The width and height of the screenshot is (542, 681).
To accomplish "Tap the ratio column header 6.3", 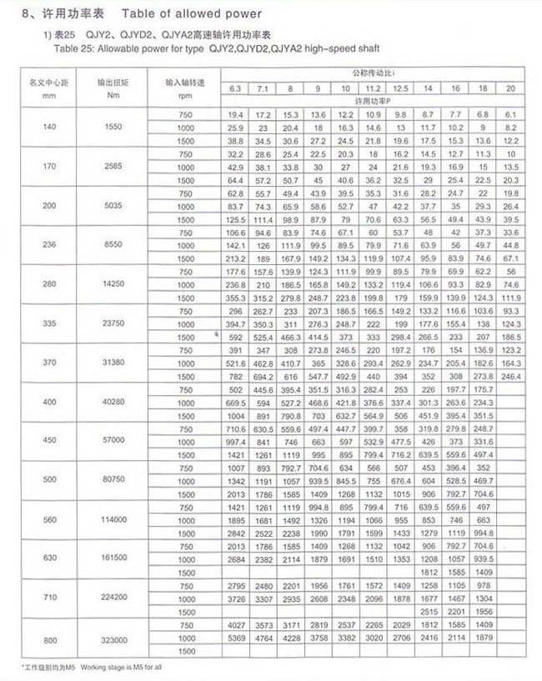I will click(234, 88).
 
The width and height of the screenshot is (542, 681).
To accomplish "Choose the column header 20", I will click(510, 88).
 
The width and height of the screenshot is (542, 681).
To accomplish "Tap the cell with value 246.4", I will click(510, 376).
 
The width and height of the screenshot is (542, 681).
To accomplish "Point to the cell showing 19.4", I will click(234, 113).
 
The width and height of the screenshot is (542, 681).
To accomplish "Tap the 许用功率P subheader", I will click(372, 100).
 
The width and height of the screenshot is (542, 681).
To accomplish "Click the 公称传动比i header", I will click(372, 76).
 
